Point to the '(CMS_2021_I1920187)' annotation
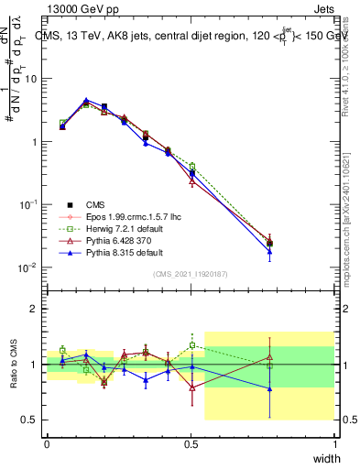point(190,274)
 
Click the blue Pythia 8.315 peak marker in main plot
point(86,101)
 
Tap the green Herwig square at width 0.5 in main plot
point(192,166)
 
